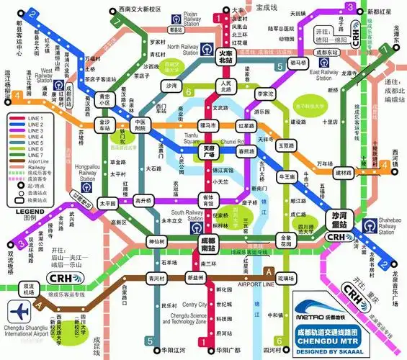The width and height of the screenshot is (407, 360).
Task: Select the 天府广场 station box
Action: pyautogui.click(x=210, y=152)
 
